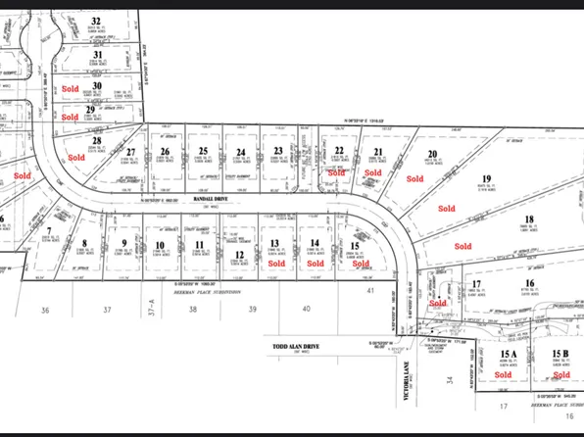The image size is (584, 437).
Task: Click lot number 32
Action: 95,20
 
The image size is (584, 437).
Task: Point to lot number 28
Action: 96,141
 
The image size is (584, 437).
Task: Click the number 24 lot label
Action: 240,151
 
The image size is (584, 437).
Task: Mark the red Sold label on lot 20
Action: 415,179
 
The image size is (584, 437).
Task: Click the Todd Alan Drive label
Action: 299,347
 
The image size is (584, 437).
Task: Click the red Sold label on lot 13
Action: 276,264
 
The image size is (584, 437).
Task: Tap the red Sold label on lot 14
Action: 315,264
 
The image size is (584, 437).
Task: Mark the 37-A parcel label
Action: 152,311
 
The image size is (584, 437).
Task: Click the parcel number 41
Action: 371,291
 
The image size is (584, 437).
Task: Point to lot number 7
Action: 48,231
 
